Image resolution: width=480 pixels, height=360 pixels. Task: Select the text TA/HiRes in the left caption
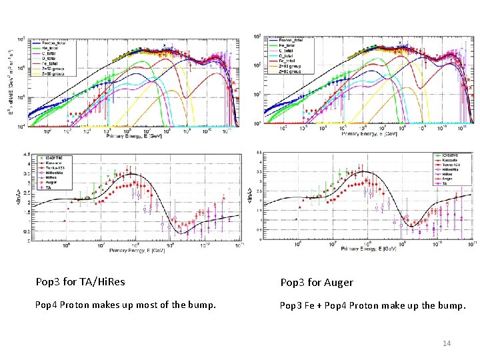pyautogui.click(x=104, y=282)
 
